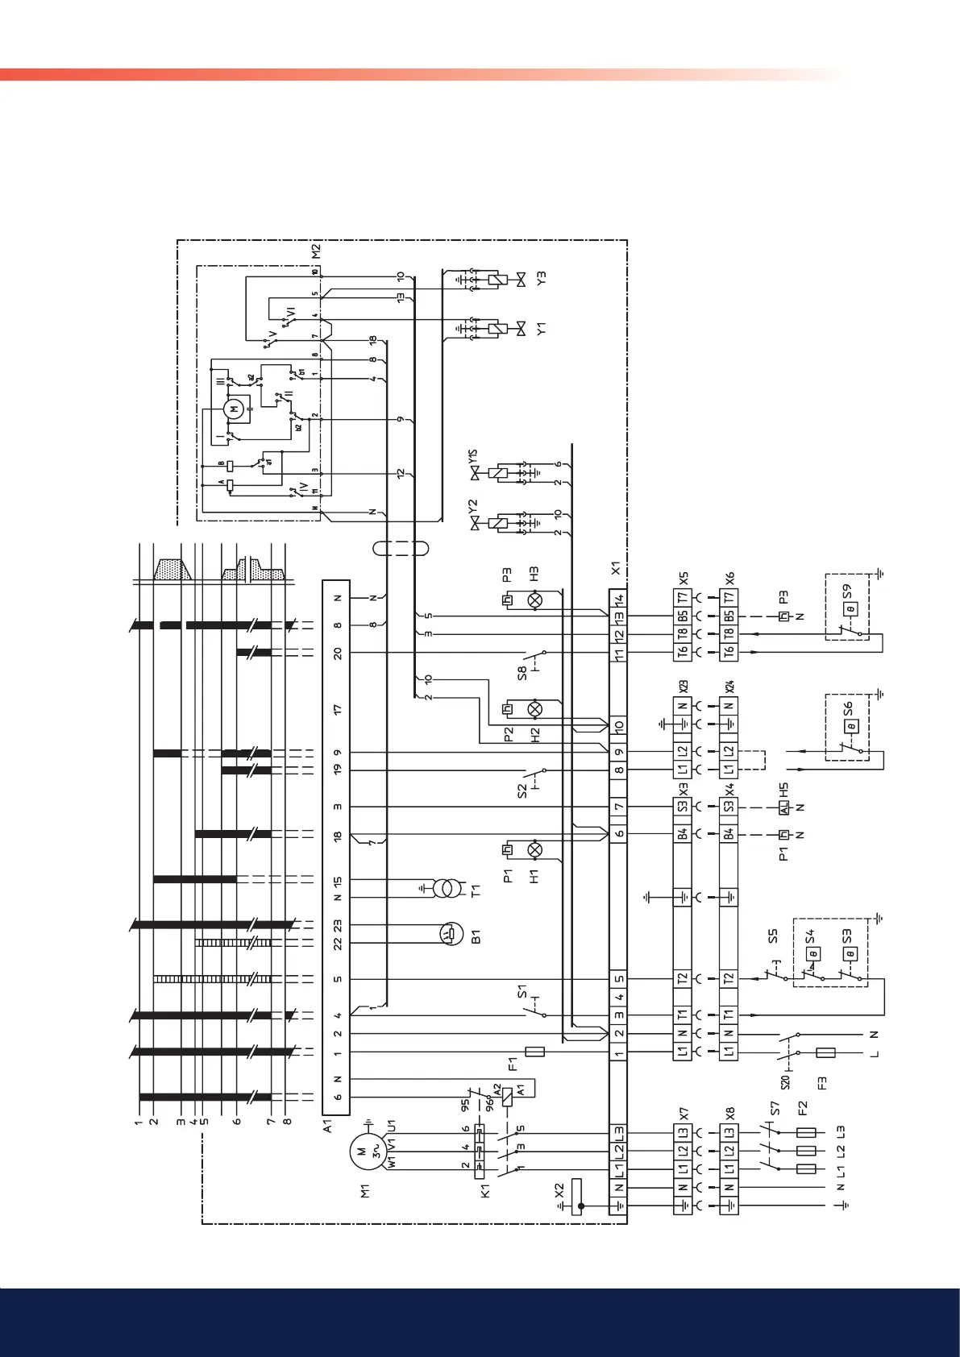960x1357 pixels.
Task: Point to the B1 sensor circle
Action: [x=448, y=934]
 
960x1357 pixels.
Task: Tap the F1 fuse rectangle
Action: [x=534, y=1052]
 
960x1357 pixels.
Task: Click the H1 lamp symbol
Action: [x=534, y=850]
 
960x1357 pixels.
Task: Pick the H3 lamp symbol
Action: [x=534, y=600]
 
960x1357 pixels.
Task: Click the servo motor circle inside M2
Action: [x=235, y=409]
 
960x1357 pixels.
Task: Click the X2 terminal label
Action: [x=559, y=1189]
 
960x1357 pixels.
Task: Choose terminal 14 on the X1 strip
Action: [x=618, y=599]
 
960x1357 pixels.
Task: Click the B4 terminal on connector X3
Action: [x=682, y=834]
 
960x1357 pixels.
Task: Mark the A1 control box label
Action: [x=329, y=1126]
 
